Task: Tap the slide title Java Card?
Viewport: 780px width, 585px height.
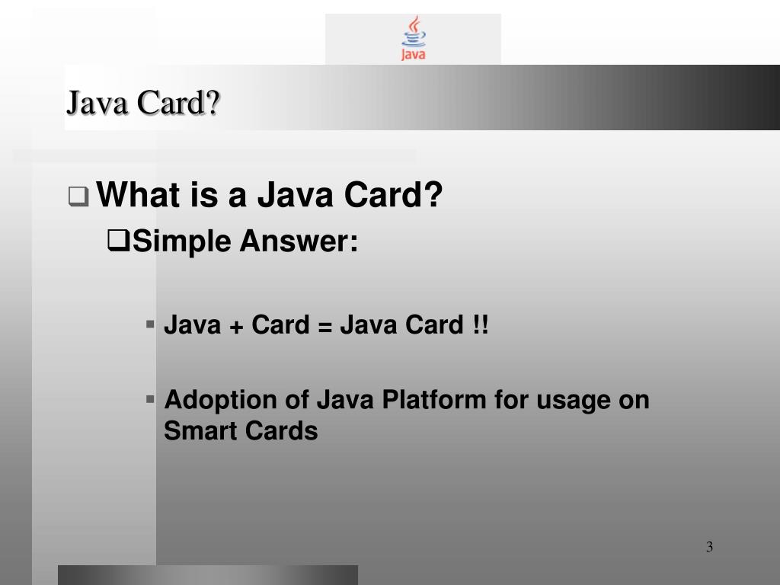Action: click(142, 102)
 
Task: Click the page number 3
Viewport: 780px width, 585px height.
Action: click(709, 547)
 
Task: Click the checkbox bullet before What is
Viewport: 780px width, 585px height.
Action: click(78, 197)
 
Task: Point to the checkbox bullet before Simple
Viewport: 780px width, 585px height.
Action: click(119, 242)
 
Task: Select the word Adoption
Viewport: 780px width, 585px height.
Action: click(221, 400)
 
